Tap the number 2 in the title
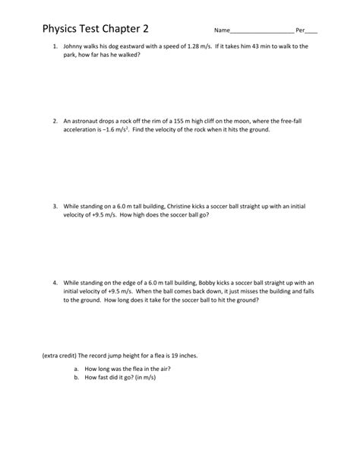(x=144, y=30)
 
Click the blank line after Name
(x=261, y=32)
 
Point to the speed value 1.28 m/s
(x=197, y=47)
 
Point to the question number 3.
(x=55, y=206)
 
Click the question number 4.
(x=55, y=282)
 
